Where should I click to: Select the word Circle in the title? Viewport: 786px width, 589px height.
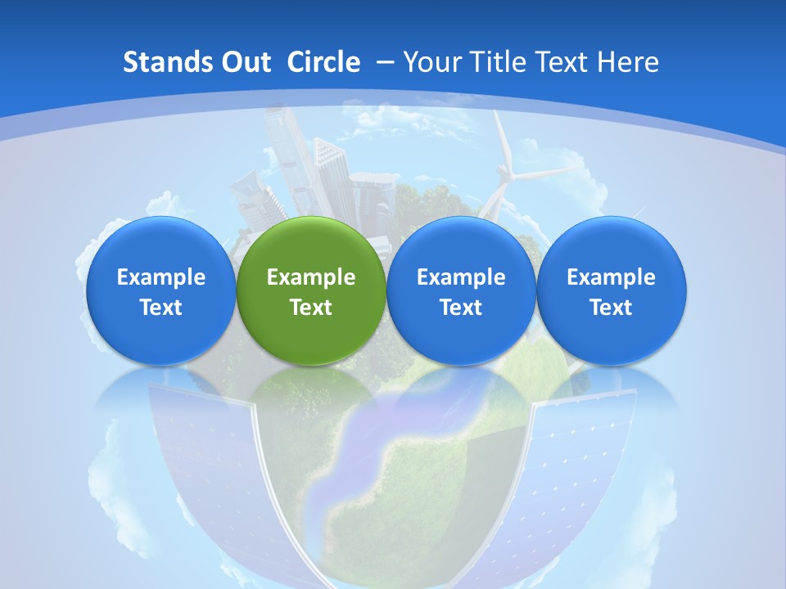(x=323, y=62)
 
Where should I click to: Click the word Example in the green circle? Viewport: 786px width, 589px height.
(x=311, y=277)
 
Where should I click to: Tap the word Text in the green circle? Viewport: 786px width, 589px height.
(x=311, y=308)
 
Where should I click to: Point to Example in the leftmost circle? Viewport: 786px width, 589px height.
(x=160, y=277)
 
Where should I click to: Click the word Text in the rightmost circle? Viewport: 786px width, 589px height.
(x=611, y=308)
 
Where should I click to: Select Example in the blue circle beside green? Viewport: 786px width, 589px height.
(x=461, y=277)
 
